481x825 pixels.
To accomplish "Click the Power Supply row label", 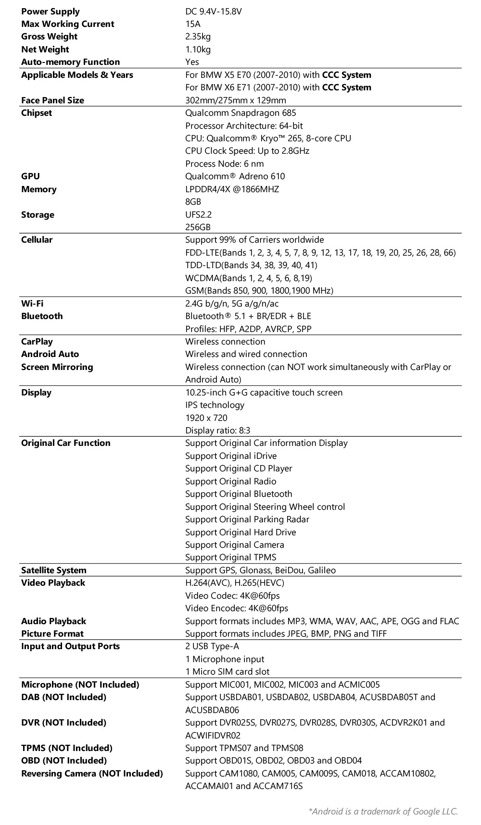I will pyautogui.click(x=50, y=12).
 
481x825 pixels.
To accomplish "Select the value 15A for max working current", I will pyautogui.click(x=193, y=24).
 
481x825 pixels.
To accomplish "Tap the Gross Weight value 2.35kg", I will pyautogui.click(x=198, y=37).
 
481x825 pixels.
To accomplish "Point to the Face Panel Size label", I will pyautogui.click(x=52, y=100).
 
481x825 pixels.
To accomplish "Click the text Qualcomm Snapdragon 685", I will pyautogui.click(x=240, y=113).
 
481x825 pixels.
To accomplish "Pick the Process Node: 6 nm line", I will pyautogui.click(x=224, y=164).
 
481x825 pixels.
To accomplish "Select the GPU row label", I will pyautogui.click(x=30, y=176).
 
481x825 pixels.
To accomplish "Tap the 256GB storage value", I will pyautogui.click(x=198, y=227).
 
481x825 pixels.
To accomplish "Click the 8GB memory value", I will pyautogui.click(x=193, y=202).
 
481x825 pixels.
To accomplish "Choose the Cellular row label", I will pyautogui.click(x=37, y=240).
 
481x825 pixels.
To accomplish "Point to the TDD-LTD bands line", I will pyautogui.click(x=251, y=265).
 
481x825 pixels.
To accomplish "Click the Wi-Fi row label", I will pyautogui.click(x=32, y=304).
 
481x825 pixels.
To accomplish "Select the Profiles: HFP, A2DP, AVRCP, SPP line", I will pyautogui.click(x=248, y=329).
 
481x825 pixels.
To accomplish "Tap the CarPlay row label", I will pyautogui.click(x=37, y=342).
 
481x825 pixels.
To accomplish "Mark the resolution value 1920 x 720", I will pyautogui.click(x=206, y=418).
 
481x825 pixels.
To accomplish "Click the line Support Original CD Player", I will pyautogui.click(x=239, y=468).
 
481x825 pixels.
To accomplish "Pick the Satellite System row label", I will pyautogui.click(x=54, y=570).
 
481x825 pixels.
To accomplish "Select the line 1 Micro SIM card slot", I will pyautogui.click(x=227, y=672).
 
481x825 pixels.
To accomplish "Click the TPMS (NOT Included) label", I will pyautogui.click(x=66, y=748).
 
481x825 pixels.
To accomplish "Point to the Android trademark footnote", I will pyautogui.click(x=383, y=812).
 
